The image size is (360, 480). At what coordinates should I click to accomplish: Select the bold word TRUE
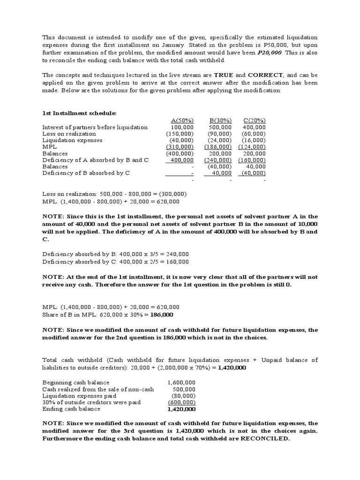(225, 75)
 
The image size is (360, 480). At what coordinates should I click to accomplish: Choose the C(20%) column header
(254, 120)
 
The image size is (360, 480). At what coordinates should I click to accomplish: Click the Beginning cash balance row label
(75, 382)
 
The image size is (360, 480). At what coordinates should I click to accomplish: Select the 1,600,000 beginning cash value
(181, 382)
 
